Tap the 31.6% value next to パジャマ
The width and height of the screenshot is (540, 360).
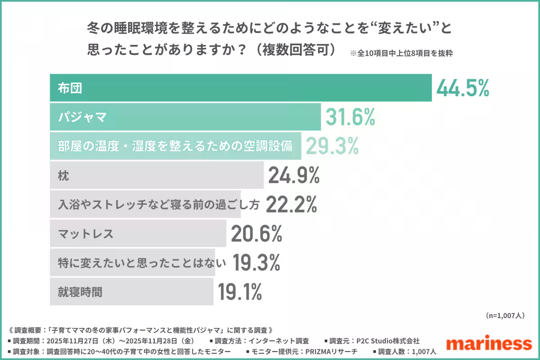350,117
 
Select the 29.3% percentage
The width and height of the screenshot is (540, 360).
333,146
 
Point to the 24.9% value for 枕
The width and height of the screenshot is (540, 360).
294,175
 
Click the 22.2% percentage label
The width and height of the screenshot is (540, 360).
292,205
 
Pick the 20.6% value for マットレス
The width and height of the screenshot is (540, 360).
256,234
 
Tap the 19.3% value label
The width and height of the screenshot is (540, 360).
256,262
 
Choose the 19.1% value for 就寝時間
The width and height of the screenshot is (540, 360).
240,292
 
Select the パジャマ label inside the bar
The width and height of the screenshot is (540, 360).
82,117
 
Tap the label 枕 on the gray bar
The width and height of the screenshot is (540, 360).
63,176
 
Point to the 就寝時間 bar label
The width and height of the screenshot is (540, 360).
80,292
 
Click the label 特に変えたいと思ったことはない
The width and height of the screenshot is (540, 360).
131,263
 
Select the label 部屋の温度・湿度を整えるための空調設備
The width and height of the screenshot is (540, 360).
175,146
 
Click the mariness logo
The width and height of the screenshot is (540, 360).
489,343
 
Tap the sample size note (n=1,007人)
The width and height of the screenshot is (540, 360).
505,315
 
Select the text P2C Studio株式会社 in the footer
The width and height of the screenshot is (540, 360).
387,341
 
